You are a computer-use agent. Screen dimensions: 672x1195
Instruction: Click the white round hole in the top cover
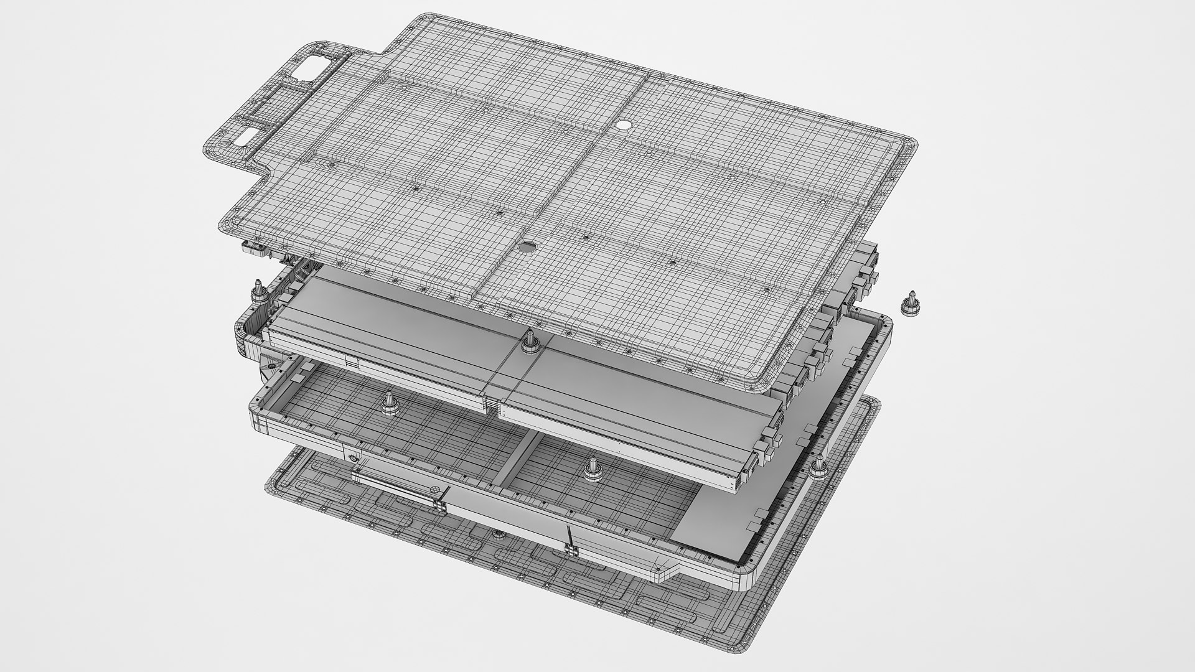click(623, 124)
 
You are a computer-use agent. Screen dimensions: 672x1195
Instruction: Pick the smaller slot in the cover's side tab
click(247, 138)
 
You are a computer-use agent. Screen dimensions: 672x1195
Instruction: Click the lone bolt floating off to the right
click(909, 303)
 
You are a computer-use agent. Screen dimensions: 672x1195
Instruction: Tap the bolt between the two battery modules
click(530, 341)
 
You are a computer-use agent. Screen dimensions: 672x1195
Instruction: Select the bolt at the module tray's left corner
click(257, 292)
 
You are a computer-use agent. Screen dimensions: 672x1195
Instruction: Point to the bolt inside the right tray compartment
click(593, 470)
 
